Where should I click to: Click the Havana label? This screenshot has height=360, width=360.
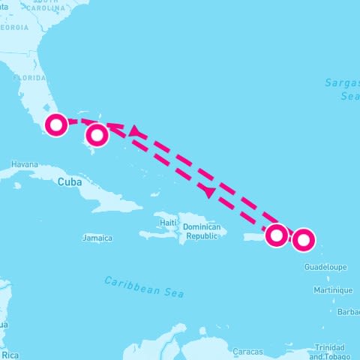pyautogui.click(x=25, y=164)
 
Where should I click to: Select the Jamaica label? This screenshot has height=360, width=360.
pyautogui.click(x=97, y=238)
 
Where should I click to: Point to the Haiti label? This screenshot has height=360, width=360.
pyautogui.click(x=168, y=223)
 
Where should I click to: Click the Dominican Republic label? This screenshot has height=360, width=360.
pyautogui.click(x=202, y=230)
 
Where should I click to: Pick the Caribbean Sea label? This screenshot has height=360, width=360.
pyautogui.click(x=144, y=286)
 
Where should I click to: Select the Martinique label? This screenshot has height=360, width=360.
pyautogui.click(x=333, y=289)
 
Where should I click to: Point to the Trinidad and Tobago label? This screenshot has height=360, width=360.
pyautogui.click(x=330, y=351)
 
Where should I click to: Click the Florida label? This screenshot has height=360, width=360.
pyautogui.click(x=31, y=77)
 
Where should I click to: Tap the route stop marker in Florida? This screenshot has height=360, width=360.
pyautogui.click(x=56, y=124)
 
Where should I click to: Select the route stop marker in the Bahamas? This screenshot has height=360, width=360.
pyautogui.click(x=97, y=136)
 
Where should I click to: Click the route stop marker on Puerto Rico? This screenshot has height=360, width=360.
pyautogui.click(x=277, y=235)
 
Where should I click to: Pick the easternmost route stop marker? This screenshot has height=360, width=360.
pyautogui.click(x=303, y=240)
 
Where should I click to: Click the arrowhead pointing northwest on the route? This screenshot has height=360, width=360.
pyautogui.click(x=135, y=131)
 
